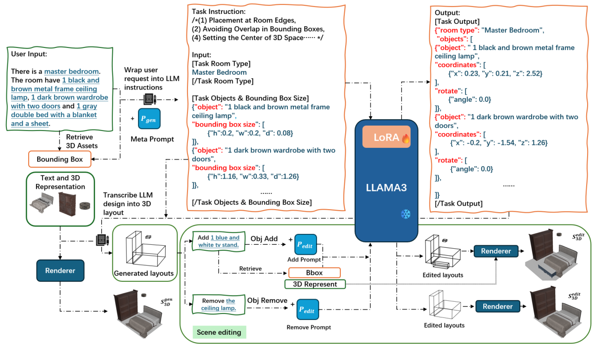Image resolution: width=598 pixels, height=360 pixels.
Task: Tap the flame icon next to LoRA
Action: coord(406,137)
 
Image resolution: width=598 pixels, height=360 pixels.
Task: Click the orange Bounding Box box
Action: coord(59,159)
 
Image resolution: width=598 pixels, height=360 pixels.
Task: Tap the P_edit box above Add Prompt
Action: coord(307,245)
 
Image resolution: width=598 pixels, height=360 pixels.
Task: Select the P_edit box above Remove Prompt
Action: coord(308,311)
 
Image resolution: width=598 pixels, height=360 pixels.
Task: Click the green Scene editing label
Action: coord(219,332)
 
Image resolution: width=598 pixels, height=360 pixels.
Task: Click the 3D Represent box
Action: coord(314,284)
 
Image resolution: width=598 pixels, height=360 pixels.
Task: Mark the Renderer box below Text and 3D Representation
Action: coord(59,270)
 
